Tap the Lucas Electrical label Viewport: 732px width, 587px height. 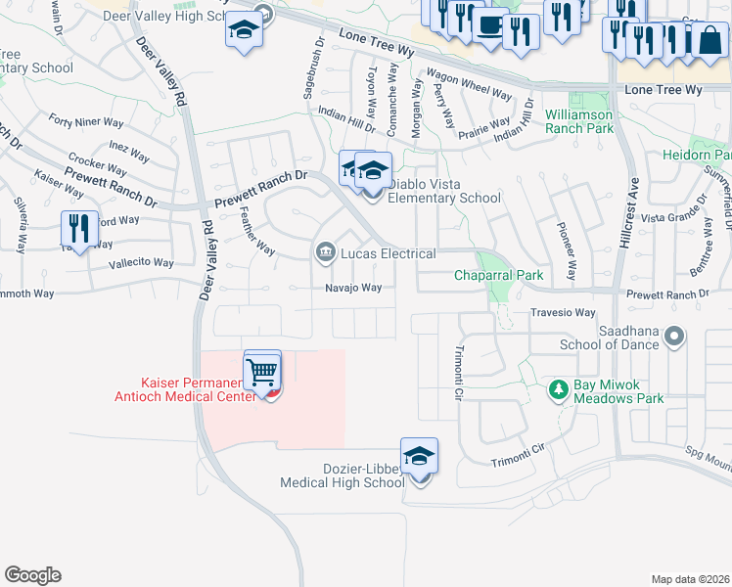(x=389, y=254)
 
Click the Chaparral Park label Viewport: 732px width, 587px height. (x=498, y=276)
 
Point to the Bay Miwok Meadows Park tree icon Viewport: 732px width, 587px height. (x=559, y=389)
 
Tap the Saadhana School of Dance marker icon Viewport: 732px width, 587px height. (x=674, y=338)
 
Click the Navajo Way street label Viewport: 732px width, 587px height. (x=353, y=288)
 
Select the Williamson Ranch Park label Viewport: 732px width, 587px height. (x=579, y=121)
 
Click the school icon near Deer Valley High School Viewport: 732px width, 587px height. (x=243, y=30)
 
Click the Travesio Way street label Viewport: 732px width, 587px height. (x=563, y=313)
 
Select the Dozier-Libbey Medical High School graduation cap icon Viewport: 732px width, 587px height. (x=419, y=457)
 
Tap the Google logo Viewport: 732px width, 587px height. (x=32, y=575)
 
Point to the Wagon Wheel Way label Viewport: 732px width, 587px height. (x=469, y=84)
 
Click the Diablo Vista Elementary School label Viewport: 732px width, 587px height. (x=444, y=191)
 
